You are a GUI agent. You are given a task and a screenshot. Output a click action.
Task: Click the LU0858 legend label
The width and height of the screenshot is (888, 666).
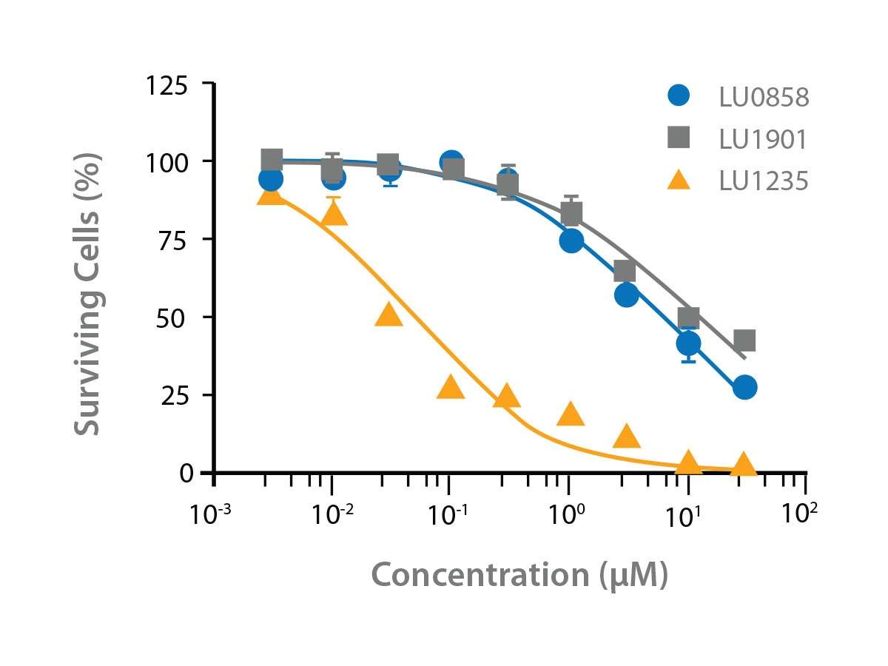coord(764,97)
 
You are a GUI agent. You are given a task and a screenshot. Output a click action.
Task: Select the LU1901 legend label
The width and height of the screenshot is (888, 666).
coord(764,138)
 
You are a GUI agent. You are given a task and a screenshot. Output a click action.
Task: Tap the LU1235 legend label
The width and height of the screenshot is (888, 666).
coord(764,181)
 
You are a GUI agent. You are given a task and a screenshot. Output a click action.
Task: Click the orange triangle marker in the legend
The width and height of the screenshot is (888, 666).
coord(678,179)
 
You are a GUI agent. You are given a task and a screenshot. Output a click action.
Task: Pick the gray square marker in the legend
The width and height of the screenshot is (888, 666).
coord(678,137)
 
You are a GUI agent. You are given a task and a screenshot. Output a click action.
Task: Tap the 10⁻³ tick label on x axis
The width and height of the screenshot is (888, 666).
coord(212,514)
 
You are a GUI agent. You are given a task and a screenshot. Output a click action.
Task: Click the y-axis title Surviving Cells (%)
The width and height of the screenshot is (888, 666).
coord(89,294)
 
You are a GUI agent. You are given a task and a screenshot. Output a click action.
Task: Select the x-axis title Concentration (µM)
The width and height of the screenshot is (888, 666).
coord(519,576)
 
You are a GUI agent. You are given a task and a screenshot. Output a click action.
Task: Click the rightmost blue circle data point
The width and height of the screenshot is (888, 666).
coord(744,387)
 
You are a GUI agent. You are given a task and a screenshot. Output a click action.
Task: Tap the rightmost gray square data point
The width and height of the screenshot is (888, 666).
coord(744,340)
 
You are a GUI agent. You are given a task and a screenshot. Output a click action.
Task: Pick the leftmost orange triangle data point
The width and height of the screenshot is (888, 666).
coord(272,194)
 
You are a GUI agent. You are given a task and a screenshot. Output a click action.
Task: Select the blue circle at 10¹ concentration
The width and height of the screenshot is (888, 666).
coord(688,343)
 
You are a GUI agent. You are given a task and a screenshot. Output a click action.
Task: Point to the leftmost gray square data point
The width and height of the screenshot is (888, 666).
coord(272,159)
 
